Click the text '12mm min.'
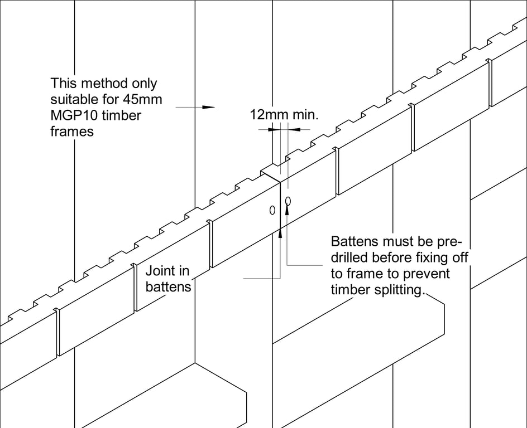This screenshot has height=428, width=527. pyautogui.click(x=284, y=115)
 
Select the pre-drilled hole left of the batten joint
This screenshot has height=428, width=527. pyautogui.click(x=272, y=210)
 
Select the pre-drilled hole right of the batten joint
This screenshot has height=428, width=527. pyautogui.click(x=288, y=200)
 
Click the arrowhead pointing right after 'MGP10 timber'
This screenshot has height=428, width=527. pyautogui.click(x=209, y=106)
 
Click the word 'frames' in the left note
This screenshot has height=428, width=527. pyautogui.click(x=71, y=132)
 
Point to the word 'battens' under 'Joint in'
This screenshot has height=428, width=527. pyautogui.click(x=168, y=288)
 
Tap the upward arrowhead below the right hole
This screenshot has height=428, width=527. pyautogui.click(x=288, y=210)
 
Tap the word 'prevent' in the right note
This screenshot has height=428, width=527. pyautogui.click(x=430, y=274)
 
